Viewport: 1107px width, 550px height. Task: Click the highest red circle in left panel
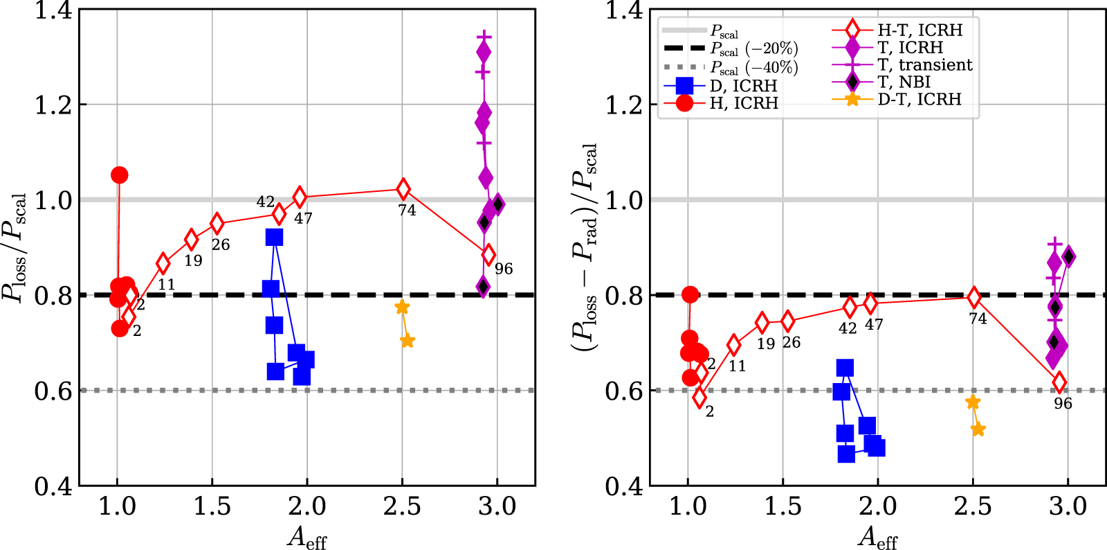point(119,175)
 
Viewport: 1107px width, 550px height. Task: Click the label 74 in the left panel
point(407,211)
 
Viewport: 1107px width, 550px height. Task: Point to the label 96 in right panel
point(1063,404)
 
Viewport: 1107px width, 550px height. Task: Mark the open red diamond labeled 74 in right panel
point(973,298)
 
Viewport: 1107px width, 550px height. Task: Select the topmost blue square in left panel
point(274,238)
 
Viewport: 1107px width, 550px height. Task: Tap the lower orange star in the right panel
point(978,429)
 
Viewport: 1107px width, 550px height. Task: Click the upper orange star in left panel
point(402,308)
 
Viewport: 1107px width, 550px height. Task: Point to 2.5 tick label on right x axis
point(973,506)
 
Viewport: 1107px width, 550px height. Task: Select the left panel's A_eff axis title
point(307,537)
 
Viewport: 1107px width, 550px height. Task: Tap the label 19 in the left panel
point(193,261)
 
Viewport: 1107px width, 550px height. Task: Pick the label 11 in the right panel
point(738,366)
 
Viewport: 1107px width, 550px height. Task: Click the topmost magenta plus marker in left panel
point(484,36)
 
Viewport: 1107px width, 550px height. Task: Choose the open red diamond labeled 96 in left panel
point(488,255)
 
